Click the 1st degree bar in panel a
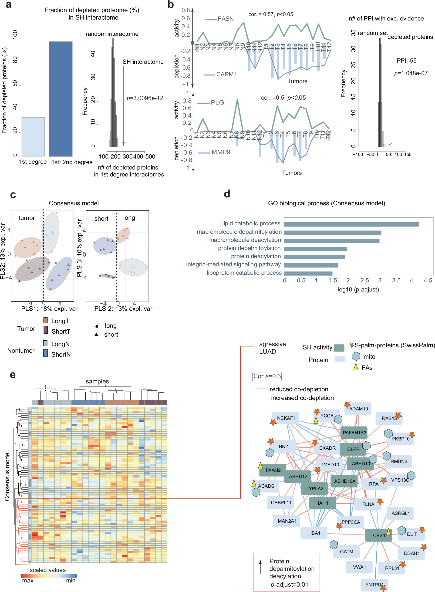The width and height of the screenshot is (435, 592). click(x=33, y=136)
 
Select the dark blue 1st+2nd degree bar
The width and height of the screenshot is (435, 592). click(x=61, y=99)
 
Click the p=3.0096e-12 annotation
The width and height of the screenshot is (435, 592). click(x=145, y=98)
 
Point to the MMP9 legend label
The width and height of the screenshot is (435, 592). click(x=221, y=152)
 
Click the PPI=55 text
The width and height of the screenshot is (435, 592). click(x=407, y=61)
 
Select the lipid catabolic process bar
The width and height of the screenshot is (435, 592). click(x=351, y=224)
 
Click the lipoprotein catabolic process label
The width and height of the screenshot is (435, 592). click(x=244, y=273)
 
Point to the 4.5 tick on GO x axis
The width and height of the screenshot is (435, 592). click(x=428, y=281)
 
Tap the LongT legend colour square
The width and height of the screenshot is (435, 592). click(x=46, y=321)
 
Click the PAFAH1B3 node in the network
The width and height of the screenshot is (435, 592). click(x=354, y=433)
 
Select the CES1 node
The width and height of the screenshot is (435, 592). click(x=379, y=535)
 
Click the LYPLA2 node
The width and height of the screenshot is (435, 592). click(x=314, y=488)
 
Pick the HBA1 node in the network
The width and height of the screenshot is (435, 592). click(x=314, y=533)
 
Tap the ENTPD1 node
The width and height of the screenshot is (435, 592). click(x=374, y=585)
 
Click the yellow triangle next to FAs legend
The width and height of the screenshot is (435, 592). click(x=356, y=367)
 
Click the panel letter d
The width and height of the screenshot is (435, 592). click(x=227, y=194)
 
